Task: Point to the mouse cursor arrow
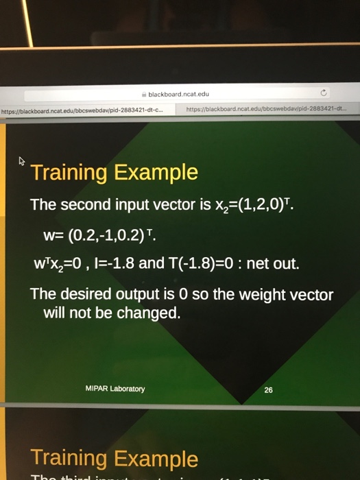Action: pyautogui.click(x=22, y=163)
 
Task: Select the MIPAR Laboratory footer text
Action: pyautogui.click(x=115, y=388)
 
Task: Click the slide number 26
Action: pyautogui.click(x=268, y=390)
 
